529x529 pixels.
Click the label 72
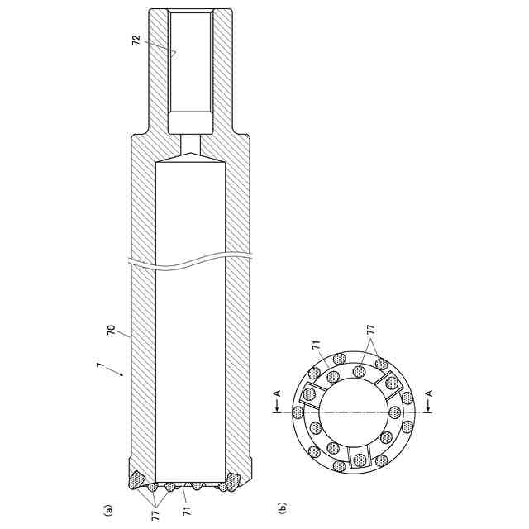(x=136, y=40)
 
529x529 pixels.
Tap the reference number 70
(x=111, y=330)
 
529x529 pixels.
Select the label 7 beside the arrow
(x=99, y=365)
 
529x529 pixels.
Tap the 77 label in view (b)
(x=370, y=329)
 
